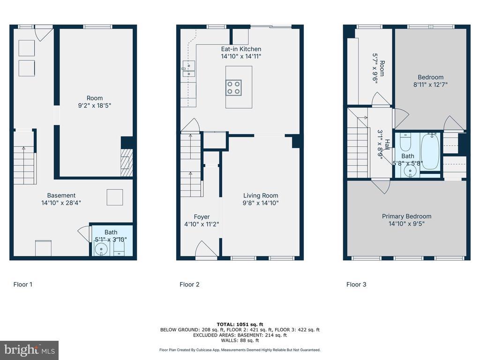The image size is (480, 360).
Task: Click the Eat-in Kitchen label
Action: [x=241, y=49]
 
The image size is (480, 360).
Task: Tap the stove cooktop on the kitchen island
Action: [x=233, y=88]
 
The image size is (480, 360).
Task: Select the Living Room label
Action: [x=261, y=195]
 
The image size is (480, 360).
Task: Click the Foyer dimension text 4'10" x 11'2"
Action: [x=202, y=224]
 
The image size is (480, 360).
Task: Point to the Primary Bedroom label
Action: [x=406, y=217]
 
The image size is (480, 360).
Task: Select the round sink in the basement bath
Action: [x=101, y=249]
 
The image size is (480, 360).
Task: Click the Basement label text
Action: [x=61, y=195]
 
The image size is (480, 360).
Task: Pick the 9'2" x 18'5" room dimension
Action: [x=95, y=105]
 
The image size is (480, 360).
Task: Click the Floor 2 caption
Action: [x=189, y=285]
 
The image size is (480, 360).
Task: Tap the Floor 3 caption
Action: [x=356, y=285]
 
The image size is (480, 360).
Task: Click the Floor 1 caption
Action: [x=23, y=285]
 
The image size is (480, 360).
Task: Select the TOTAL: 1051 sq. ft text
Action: [x=240, y=324]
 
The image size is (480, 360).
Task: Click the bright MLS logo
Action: [x=30, y=350]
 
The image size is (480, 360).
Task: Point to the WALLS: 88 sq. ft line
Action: [x=240, y=340]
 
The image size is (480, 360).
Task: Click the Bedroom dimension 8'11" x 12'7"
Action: [x=430, y=84]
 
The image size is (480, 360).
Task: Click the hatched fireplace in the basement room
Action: [x=127, y=163]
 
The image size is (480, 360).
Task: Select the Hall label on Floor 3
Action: [x=387, y=144]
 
